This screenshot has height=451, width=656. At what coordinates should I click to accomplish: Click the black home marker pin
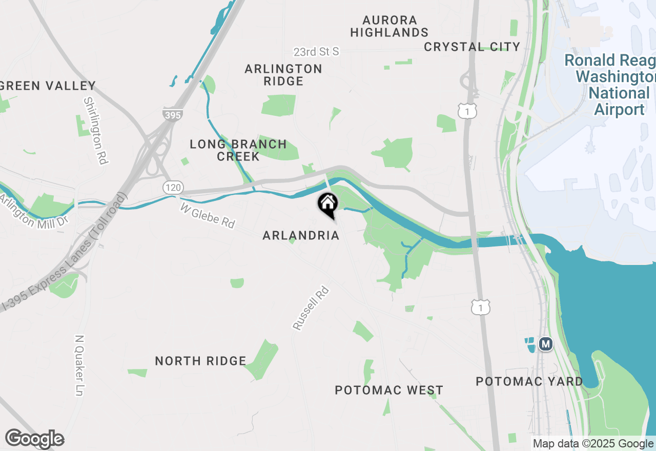[x=328, y=205]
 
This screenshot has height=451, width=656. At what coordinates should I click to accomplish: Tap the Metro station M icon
[x=546, y=344]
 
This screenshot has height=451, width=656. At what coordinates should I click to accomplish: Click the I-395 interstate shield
[x=172, y=115]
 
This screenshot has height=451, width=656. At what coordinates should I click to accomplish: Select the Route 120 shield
[x=173, y=188]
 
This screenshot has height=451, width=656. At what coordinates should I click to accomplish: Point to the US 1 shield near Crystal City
[x=468, y=111]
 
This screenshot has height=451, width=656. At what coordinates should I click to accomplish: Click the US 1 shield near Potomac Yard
[x=481, y=307]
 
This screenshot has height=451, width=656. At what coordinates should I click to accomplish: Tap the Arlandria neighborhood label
[x=301, y=235]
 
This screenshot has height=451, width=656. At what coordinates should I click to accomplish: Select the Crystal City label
[x=472, y=47]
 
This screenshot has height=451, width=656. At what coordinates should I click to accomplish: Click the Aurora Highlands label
[x=389, y=26]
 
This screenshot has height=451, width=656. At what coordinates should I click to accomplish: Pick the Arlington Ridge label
[x=283, y=75]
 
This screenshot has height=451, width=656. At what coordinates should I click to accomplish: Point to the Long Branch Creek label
[x=238, y=150]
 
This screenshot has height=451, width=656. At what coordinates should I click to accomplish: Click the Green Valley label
[x=48, y=86]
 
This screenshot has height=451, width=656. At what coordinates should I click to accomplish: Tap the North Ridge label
[x=200, y=361]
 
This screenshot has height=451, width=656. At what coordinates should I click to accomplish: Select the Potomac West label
[x=389, y=390]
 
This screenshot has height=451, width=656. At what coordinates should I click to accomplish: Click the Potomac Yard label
[x=529, y=381]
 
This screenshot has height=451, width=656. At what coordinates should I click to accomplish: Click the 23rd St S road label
[x=316, y=52]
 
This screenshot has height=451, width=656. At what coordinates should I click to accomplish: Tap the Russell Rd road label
[x=311, y=308]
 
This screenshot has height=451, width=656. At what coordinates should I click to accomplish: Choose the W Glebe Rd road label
[x=208, y=215]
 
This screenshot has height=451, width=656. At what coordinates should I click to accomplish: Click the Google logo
[x=34, y=439]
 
